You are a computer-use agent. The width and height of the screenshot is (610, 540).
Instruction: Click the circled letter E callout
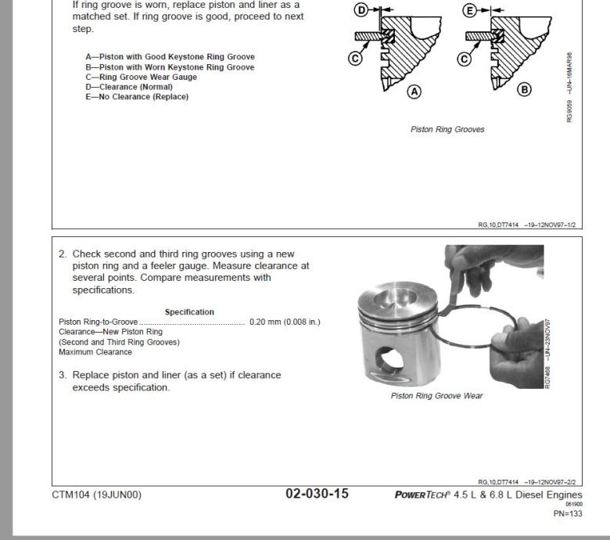pos(470,10)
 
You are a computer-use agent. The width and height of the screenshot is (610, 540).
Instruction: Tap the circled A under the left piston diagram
pos(414,92)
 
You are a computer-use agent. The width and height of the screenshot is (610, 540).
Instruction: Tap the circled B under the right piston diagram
pos(525,89)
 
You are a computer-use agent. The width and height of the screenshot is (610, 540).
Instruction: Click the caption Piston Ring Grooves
pos(447,130)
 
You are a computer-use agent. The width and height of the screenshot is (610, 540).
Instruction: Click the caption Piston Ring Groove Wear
pos(436,396)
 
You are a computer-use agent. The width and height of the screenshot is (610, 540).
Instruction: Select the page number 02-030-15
pos(317,494)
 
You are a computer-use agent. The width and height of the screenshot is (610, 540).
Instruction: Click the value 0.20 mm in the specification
pos(266,322)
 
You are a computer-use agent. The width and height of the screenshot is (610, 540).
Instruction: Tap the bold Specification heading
pos(189,312)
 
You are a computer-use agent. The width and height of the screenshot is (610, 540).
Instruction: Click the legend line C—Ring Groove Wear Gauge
pos(141,77)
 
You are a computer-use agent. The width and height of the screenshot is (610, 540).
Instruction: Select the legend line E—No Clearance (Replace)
pos(137,97)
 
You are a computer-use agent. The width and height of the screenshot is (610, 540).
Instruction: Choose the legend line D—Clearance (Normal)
pos(129,87)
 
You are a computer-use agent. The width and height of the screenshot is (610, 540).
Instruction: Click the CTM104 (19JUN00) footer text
pos(97,495)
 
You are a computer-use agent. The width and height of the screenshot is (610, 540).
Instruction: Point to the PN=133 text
pos(568,513)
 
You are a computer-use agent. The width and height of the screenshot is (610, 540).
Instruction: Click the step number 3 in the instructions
pos(62,375)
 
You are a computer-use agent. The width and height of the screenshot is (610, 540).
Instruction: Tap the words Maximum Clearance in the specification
pos(85,352)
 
